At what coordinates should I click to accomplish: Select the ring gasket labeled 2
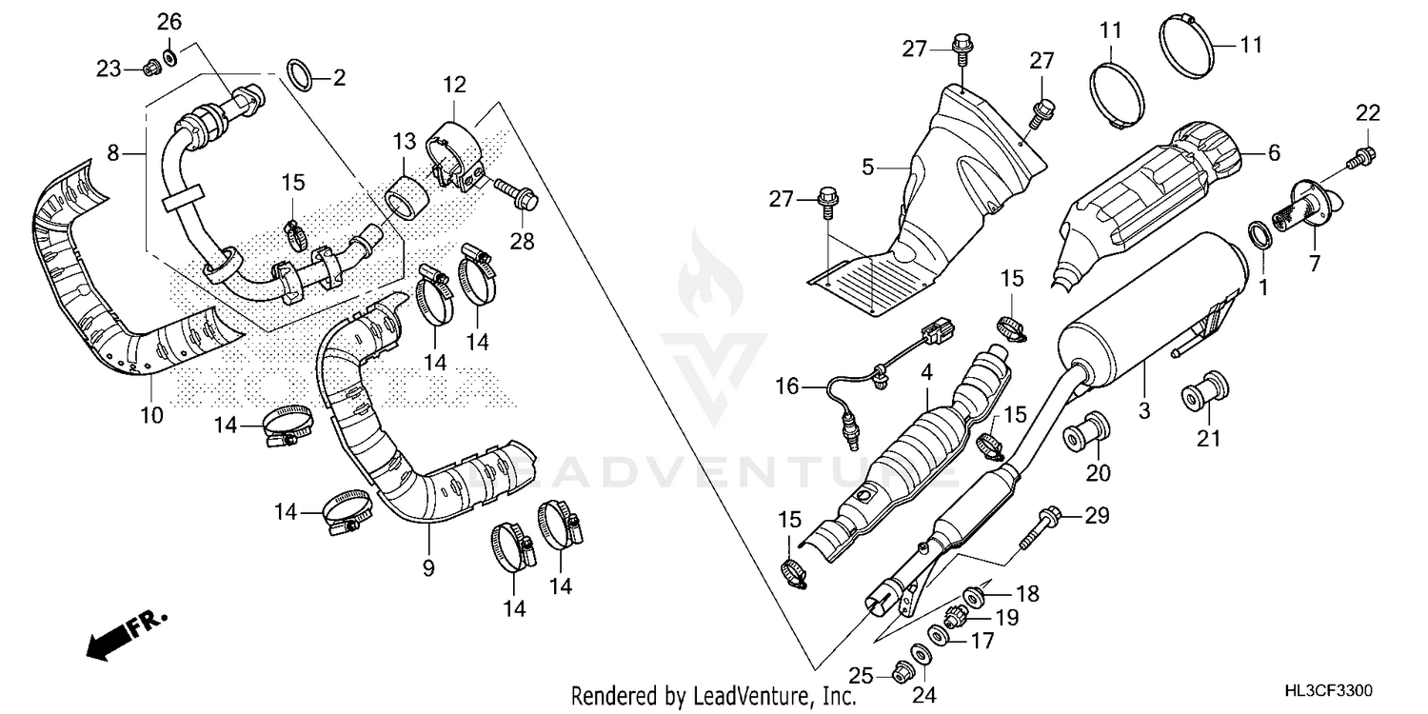[301, 75]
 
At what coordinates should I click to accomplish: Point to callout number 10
[152, 415]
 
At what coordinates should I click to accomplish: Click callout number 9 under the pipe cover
[428, 568]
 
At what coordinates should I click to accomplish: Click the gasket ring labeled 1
[1258, 232]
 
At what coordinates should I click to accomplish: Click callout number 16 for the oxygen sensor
[786, 387]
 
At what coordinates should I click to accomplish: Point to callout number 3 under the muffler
[1144, 411]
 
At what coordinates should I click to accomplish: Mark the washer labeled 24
[922, 655]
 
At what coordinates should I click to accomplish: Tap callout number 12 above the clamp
[453, 84]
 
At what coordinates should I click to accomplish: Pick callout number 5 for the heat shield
[867, 168]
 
